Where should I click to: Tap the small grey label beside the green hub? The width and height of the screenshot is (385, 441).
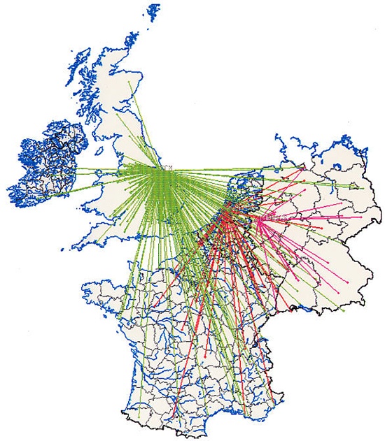pyautogui.click(x=168, y=165)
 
